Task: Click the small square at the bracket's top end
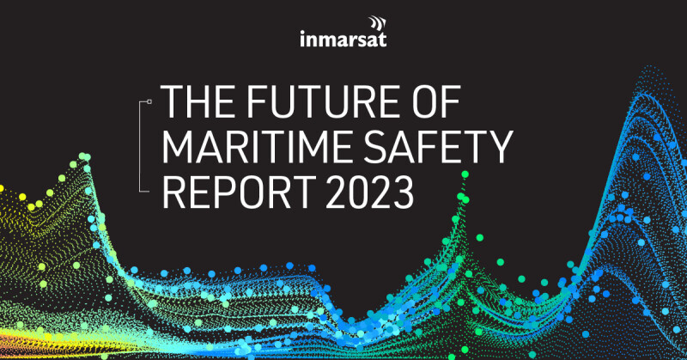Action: tap(149, 101)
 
